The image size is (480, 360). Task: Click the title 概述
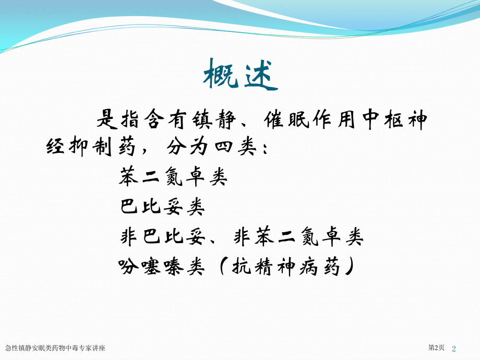tap(241, 75)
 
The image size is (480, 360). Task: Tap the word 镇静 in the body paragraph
tap(214, 119)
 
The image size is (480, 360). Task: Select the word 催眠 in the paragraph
tap(286, 119)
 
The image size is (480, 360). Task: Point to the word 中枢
tap(382, 119)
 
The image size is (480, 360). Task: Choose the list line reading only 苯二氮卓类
tap(173, 177)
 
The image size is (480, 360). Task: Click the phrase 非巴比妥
tap(163, 237)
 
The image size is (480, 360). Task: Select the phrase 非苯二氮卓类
tap(298, 237)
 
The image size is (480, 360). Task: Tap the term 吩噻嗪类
tap(161, 266)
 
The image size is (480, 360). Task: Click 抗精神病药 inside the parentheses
tap(286, 266)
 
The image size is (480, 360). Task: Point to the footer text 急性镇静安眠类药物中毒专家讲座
tap(55, 348)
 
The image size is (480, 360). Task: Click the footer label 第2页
tap(436, 348)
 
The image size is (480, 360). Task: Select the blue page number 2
tap(454, 349)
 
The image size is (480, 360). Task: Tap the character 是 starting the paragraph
tap(107, 119)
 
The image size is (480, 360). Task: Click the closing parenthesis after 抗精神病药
tap(349, 266)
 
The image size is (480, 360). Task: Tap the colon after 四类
tap(265, 148)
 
